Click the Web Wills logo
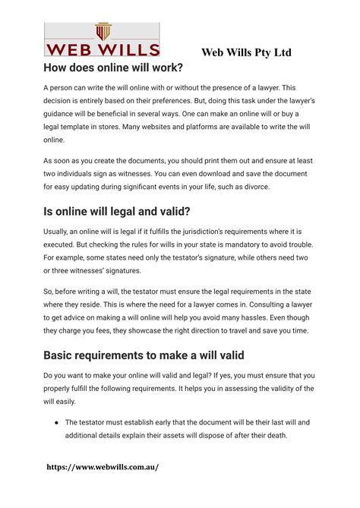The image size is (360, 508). (x=103, y=39)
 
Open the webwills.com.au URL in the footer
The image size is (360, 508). (x=105, y=467)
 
